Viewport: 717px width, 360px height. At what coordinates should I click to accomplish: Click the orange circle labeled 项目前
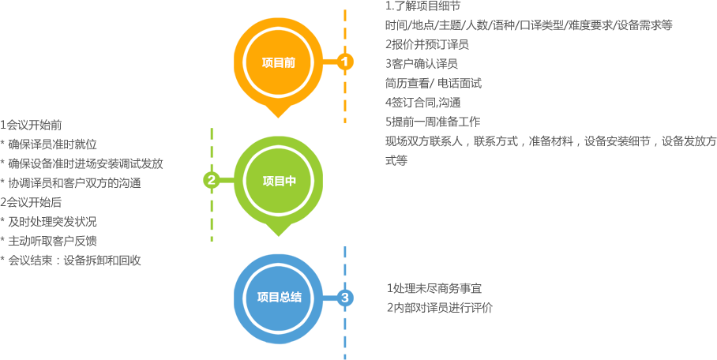click(277, 62)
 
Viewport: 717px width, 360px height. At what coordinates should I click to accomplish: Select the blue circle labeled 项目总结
click(278, 298)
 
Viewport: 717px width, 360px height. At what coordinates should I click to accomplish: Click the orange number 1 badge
click(345, 62)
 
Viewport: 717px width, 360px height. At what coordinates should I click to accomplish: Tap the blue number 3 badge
click(345, 298)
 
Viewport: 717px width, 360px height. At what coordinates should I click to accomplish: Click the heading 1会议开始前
click(32, 125)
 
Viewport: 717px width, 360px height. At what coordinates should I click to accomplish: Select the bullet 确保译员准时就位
click(52, 144)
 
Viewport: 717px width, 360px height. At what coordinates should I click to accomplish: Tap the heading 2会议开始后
click(32, 202)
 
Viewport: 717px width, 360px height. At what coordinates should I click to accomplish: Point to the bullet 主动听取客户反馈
click(52, 241)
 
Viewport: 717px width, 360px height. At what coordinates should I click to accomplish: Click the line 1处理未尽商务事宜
click(434, 289)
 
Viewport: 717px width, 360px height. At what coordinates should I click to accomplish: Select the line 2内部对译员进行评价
click(439, 308)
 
